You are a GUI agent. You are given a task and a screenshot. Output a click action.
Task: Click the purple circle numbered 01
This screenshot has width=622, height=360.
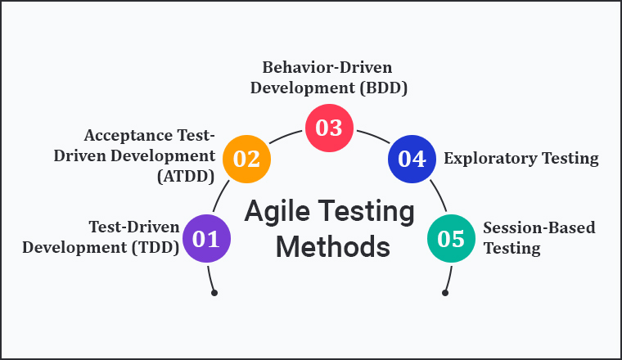[206, 238]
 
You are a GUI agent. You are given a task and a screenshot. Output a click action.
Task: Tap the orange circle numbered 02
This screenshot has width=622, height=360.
[246, 158]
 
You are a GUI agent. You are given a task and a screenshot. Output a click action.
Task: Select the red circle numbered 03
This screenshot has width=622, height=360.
[329, 128]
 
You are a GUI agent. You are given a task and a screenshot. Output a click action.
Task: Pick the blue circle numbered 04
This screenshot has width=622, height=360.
[411, 158]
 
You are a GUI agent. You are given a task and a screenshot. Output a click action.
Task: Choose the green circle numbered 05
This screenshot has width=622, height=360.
[451, 238]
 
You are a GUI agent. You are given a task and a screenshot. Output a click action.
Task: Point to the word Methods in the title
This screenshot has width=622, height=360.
[332, 246]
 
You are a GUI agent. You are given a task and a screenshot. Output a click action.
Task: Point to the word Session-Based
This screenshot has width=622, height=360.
[528, 228]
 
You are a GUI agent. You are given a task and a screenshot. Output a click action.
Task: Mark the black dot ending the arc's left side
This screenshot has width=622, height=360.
[214, 292]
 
